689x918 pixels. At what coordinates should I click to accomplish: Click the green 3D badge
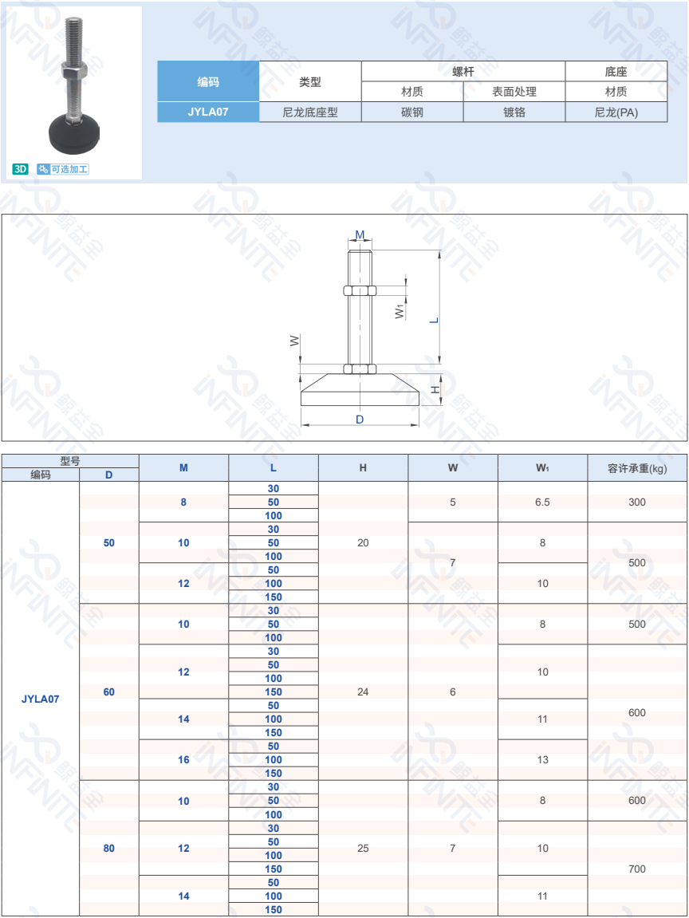click(21, 169)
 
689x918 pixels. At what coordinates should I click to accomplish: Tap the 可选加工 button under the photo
click(63, 169)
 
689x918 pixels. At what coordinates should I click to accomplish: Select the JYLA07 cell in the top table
click(208, 112)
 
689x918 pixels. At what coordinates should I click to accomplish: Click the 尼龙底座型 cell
click(310, 112)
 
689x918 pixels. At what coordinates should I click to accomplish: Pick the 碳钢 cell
click(412, 112)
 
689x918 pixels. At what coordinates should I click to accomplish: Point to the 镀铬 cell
click(514, 112)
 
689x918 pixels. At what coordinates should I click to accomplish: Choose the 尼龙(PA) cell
click(616, 112)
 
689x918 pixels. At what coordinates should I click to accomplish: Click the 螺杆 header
click(463, 72)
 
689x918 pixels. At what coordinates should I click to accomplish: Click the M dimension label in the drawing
click(360, 234)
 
